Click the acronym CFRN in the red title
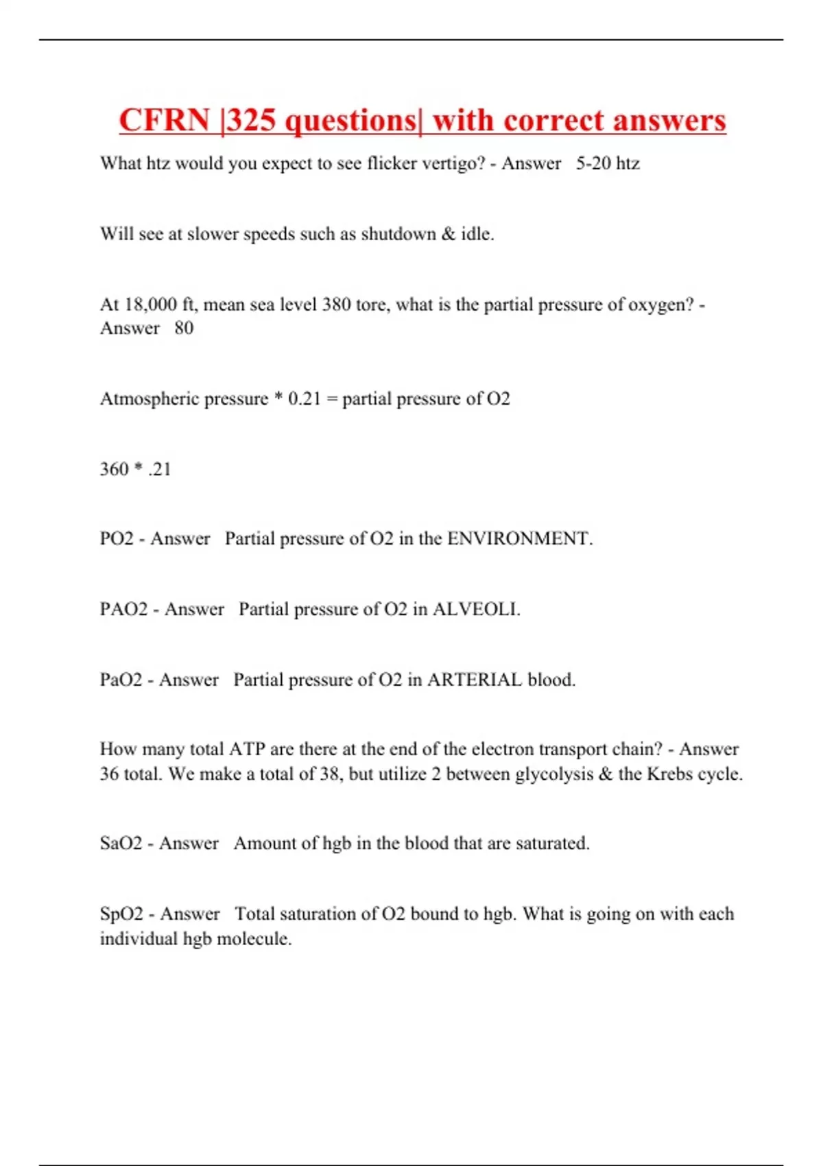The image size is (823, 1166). [x=164, y=121]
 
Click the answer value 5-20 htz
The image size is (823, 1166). [x=608, y=163]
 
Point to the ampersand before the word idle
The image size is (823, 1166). [x=449, y=234]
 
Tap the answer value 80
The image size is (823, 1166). [x=184, y=328]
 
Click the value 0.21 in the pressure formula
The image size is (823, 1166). [x=305, y=398]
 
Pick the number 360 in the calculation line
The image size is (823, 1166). [x=114, y=469]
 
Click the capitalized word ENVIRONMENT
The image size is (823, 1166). [x=519, y=538]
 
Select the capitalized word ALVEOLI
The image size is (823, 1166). [x=476, y=609]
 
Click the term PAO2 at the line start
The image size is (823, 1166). [x=123, y=609]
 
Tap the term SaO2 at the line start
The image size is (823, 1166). [x=121, y=843]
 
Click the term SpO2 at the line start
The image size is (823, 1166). [x=121, y=914]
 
